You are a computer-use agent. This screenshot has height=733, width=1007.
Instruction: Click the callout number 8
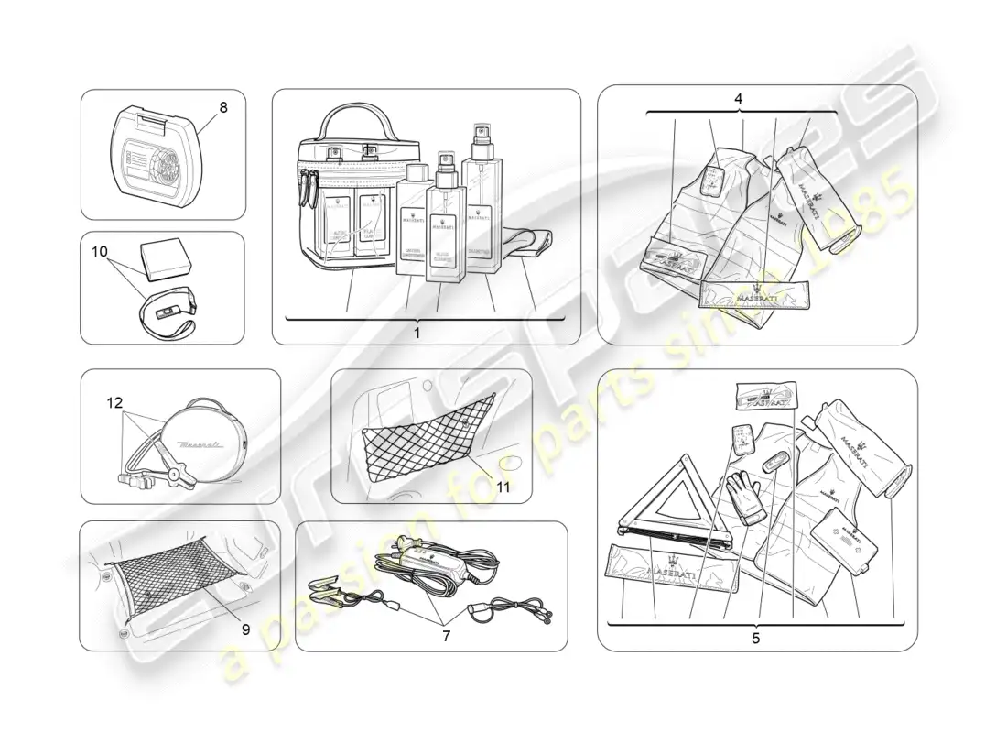223,107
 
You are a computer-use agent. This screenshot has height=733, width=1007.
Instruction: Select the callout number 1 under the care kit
417,334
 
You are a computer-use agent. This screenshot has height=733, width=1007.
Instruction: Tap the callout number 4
738,99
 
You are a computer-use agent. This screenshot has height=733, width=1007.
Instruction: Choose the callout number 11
503,487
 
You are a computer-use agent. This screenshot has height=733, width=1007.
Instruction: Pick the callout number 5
755,639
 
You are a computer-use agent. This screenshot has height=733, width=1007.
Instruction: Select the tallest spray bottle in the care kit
481,206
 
